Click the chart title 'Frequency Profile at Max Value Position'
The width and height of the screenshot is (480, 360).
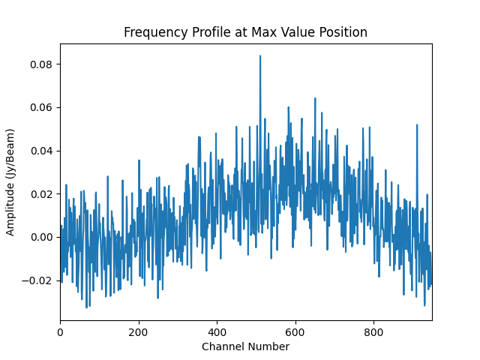[x=245, y=32]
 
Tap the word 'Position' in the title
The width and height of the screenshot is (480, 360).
[x=343, y=32]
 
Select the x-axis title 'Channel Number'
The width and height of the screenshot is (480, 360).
[x=245, y=346]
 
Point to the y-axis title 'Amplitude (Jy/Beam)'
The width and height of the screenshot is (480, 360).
[x=10, y=182]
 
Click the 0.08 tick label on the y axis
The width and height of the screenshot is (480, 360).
[x=41, y=64]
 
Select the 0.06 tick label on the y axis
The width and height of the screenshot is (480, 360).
[x=41, y=108]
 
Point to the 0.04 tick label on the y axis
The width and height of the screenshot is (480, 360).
[x=41, y=151]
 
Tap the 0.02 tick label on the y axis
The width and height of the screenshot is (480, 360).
[x=41, y=194]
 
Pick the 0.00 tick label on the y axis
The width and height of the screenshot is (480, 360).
[x=41, y=237]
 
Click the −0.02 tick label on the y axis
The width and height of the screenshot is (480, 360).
[x=38, y=280]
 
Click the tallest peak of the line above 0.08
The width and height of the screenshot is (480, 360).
[x=260, y=56]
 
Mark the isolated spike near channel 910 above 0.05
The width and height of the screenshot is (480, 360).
[x=417, y=125]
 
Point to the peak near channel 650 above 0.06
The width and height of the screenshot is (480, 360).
[x=315, y=98]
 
